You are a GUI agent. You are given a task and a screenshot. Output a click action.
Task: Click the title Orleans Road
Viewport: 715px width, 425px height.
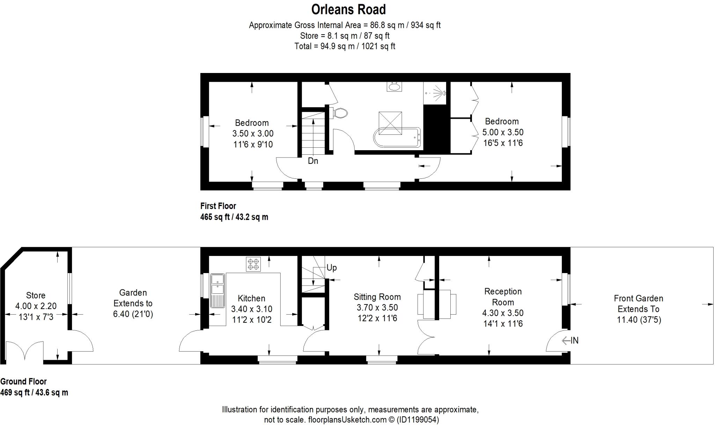348,10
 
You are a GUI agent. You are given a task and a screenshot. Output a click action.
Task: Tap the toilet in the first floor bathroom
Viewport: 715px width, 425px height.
340,113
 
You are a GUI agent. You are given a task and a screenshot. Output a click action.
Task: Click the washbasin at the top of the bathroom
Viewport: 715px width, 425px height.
395,86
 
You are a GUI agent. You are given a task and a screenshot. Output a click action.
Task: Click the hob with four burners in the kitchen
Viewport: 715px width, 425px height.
253,264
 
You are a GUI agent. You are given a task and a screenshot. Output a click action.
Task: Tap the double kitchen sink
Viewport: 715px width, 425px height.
218,284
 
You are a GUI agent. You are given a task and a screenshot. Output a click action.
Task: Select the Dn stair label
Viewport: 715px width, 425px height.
313,161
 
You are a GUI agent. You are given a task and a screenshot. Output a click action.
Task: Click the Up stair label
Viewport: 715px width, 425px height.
331,268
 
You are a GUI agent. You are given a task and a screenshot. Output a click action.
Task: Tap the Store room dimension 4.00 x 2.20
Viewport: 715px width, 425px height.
36,306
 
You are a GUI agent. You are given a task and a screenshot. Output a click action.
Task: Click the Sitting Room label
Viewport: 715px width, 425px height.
377,297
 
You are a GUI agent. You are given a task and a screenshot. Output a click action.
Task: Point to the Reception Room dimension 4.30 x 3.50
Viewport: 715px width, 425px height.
503,313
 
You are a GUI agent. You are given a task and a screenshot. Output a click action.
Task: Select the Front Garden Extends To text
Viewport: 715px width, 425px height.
638,304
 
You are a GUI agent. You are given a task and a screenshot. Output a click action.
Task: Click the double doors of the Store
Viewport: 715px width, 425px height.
24,351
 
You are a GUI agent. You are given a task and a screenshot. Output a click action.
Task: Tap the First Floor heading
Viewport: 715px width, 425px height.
218,206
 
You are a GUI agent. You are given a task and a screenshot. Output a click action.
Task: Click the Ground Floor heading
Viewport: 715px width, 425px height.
23,382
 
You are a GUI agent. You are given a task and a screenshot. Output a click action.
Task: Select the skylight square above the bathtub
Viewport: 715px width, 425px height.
390,123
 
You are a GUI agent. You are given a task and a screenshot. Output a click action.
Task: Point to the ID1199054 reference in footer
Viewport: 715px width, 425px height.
418,420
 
